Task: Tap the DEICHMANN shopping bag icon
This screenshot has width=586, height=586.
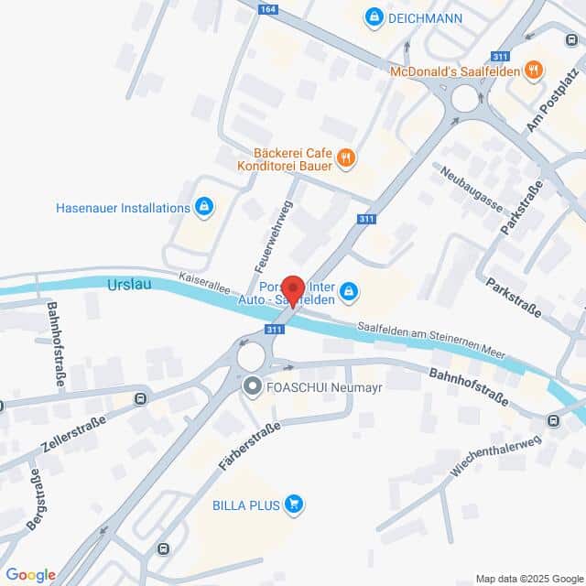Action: click(x=374, y=17)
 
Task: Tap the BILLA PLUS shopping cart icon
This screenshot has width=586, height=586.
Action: click(x=293, y=503)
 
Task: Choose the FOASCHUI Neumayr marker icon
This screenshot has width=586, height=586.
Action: click(x=252, y=387)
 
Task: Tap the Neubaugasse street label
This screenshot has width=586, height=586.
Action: click(x=471, y=186)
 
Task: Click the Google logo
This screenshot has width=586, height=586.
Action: click(x=31, y=574)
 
